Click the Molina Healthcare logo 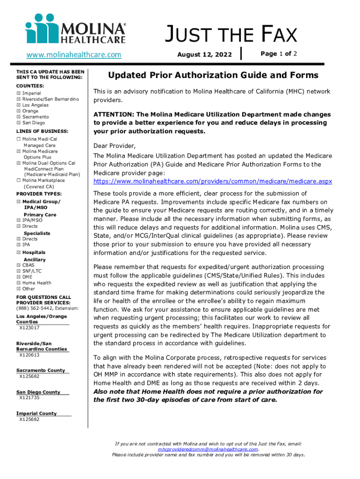click(x=75, y=30)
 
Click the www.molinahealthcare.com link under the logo click(x=74, y=55)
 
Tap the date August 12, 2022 click(x=204, y=55)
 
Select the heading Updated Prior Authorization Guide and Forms click(x=213, y=75)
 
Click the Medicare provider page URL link click(x=213, y=181)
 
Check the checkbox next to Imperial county click(x=19, y=94)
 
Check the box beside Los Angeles click(x=19, y=105)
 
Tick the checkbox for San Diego click(x=19, y=123)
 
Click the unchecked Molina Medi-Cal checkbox click(x=19, y=140)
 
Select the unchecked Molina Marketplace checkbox click(x=19, y=181)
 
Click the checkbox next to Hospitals click(x=19, y=253)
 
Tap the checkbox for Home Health click(x=19, y=283)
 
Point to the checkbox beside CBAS click(x=19, y=265)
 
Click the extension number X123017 click(x=29, y=328)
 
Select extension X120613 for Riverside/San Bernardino click(x=29, y=355)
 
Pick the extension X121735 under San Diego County click(x=29, y=398)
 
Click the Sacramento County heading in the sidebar click(x=41, y=370)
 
